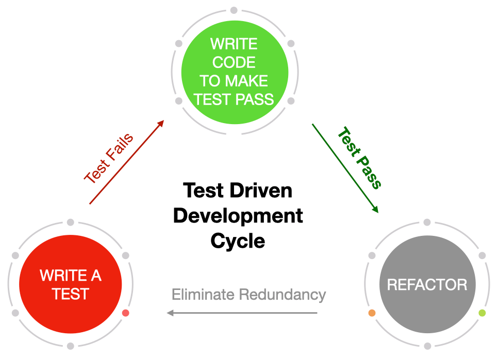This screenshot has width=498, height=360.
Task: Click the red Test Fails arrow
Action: pyautogui.click(x=127, y=162)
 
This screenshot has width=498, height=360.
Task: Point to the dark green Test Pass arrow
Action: pyautogui.click(x=344, y=167)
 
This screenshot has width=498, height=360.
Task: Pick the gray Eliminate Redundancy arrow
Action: pyautogui.click(x=242, y=313)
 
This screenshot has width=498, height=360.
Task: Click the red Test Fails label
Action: pyautogui.click(x=109, y=158)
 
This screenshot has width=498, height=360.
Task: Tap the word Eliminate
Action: pyautogui.click(x=204, y=295)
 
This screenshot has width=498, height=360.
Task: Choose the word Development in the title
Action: pyautogui.click(x=238, y=216)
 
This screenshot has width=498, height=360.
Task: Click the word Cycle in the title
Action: pyautogui.click(x=238, y=241)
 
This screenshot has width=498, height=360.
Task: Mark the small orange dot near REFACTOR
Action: pyautogui.click(x=372, y=313)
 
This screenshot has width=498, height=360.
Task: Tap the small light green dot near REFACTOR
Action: pyautogui.click(x=483, y=313)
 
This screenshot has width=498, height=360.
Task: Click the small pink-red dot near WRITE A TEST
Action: pyautogui.click(x=126, y=313)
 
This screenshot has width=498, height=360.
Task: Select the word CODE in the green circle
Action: pyautogui.click(x=234, y=62)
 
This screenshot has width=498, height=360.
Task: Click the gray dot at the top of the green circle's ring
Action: pyautogui.click(x=234, y=10)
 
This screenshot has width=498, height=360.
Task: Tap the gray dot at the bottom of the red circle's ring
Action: pyautogui.click(x=71, y=346)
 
